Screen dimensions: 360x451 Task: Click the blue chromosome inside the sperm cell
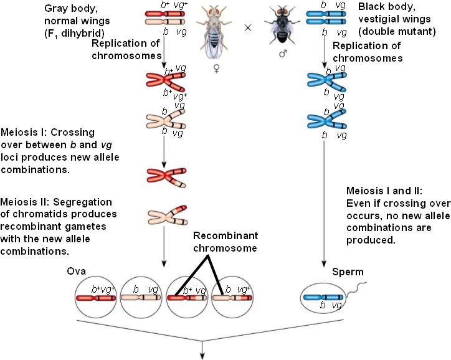[x=323, y=298]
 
